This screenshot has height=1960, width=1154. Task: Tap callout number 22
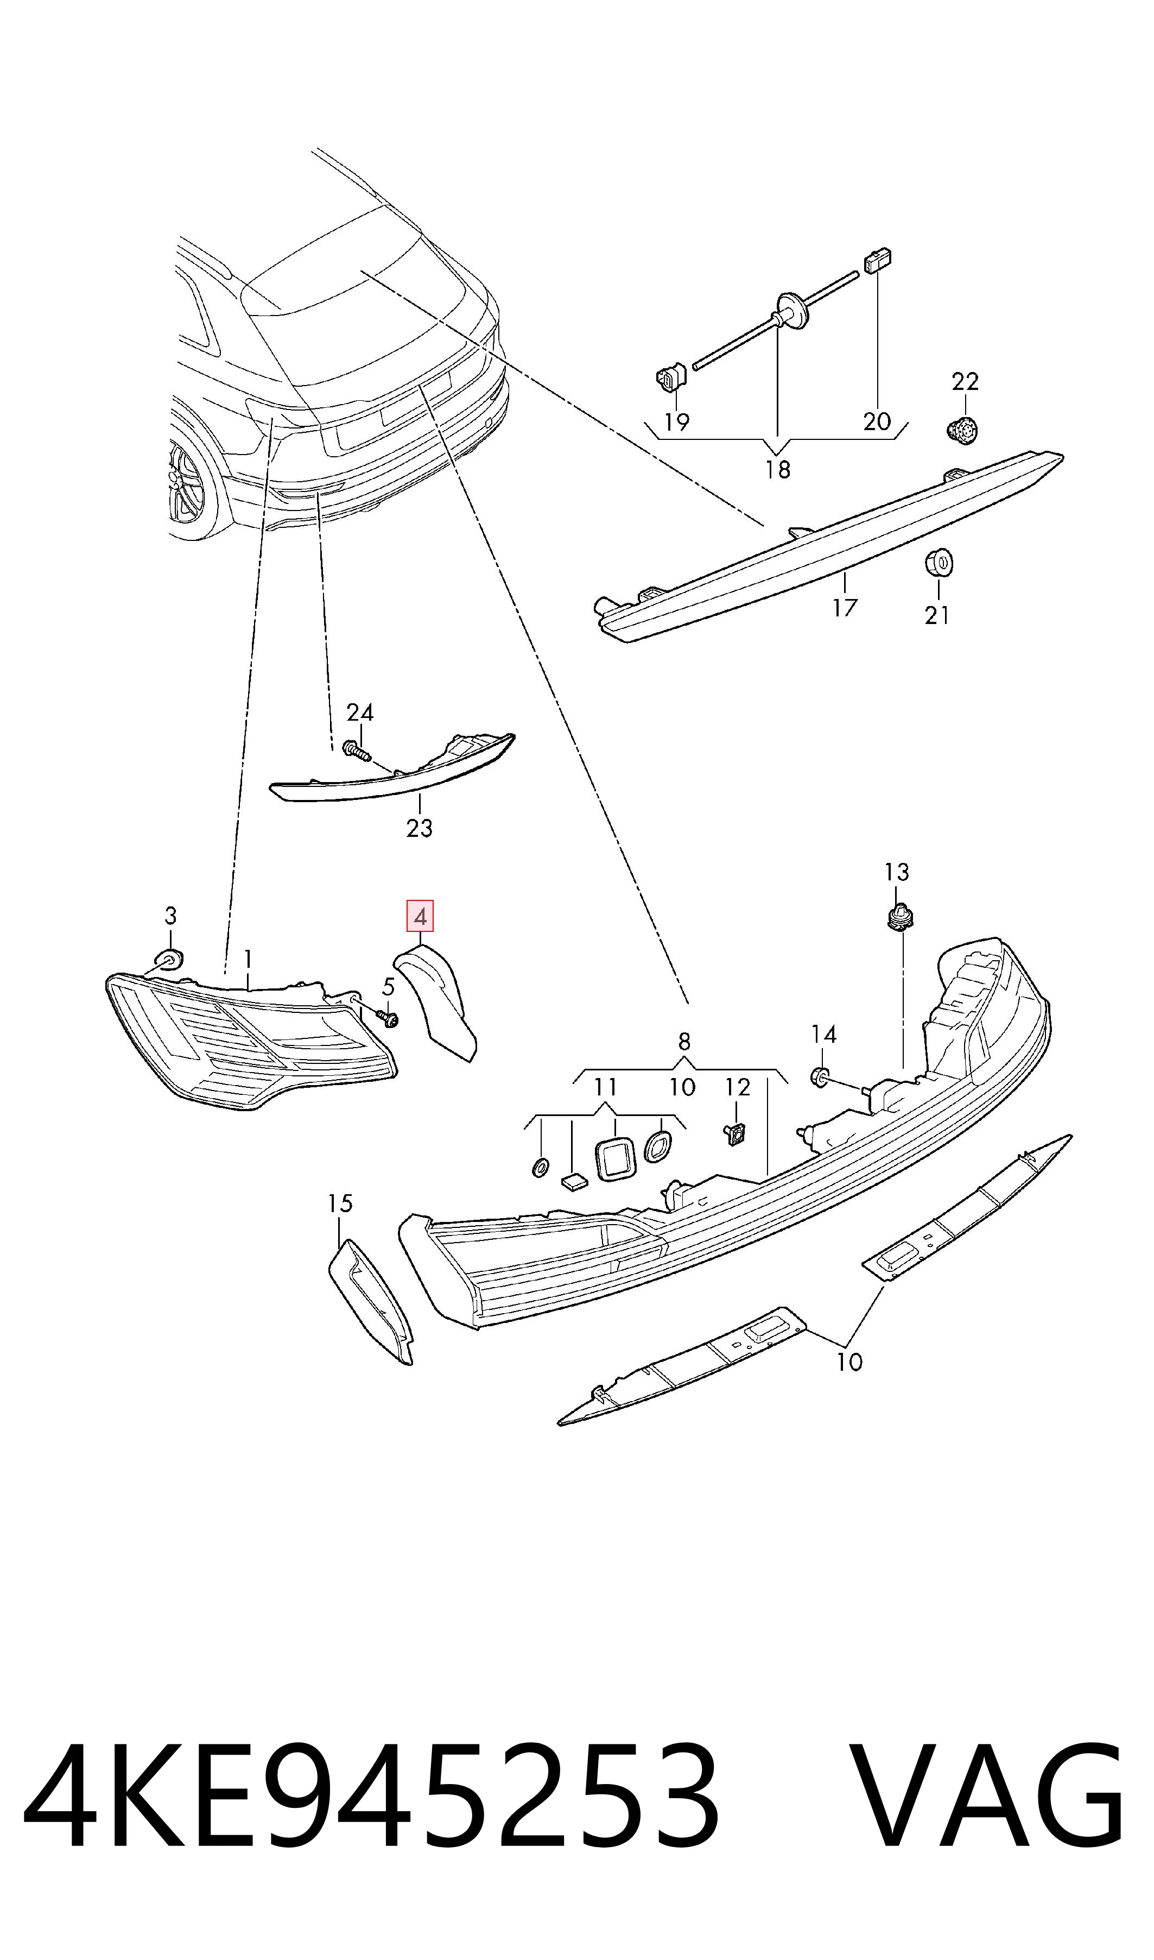point(965,381)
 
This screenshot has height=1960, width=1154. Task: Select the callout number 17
point(845,608)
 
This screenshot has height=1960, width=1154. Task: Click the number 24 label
point(359,713)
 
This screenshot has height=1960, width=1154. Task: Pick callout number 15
point(340,1204)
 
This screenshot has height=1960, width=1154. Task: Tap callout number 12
point(737,1087)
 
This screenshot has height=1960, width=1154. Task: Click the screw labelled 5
point(386,1017)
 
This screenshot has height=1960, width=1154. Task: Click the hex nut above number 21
point(940,562)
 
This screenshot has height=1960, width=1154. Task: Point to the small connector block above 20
point(877,261)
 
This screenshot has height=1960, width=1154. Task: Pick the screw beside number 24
point(358,751)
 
